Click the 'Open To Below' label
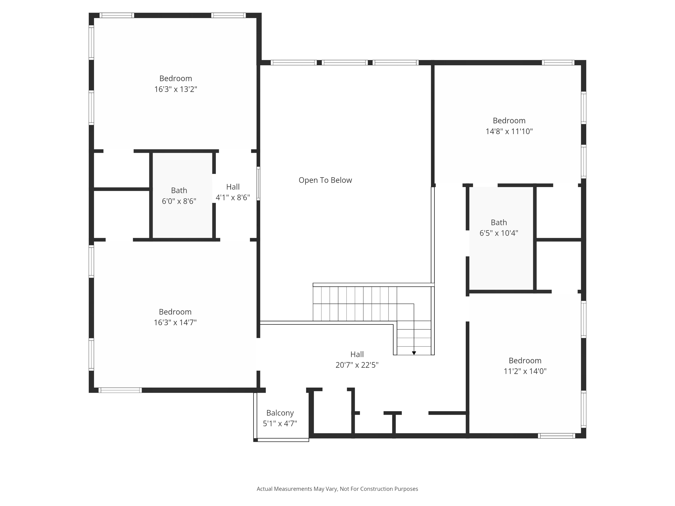tap(325, 180)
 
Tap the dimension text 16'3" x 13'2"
tap(175, 89)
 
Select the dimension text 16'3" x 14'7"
tap(175, 323)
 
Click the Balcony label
tap(280, 413)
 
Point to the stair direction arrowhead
tap(414, 353)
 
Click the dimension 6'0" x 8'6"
tap(179, 201)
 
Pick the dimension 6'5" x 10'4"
tap(499, 233)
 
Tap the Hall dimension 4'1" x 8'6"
tap(233, 198)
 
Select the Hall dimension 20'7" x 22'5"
tap(357, 365)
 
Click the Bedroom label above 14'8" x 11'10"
tap(509, 121)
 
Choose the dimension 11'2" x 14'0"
tap(525, 371)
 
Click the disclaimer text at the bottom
tap(337, 489)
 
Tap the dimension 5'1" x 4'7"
tap(280, 424)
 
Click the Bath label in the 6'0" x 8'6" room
tap(179, 190)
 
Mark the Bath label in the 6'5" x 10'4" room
tap(499, 222)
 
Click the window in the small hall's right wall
tap(258, 183)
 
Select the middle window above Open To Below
tap(344, 63)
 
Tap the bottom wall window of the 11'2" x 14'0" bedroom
tap(556, 436)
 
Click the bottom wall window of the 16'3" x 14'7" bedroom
tap(120, 390)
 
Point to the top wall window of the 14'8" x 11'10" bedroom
tap(558, 63)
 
